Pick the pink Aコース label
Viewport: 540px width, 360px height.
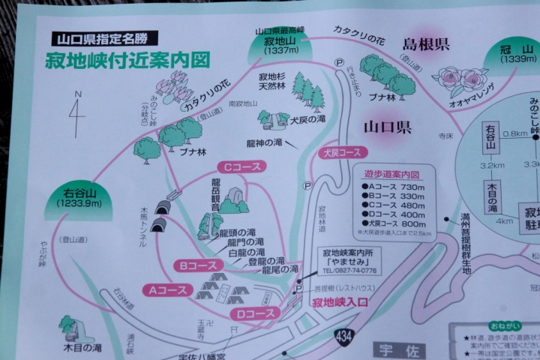[x=169, y=289]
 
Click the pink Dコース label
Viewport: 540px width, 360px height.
[x=255, y=313]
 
